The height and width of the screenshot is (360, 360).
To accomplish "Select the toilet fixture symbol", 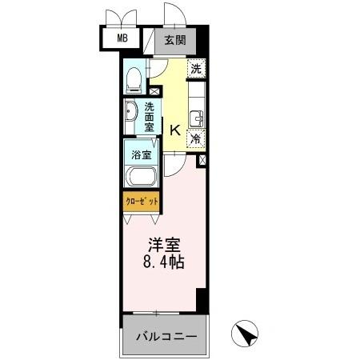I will pos(134,78).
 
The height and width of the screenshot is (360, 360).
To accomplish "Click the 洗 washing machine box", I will pos(196,70).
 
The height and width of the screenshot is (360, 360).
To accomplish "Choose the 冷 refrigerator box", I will pos(196,138).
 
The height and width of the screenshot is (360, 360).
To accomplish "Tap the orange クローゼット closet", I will pos(141,202).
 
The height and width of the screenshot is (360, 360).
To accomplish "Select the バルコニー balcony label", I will pos(164,337).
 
